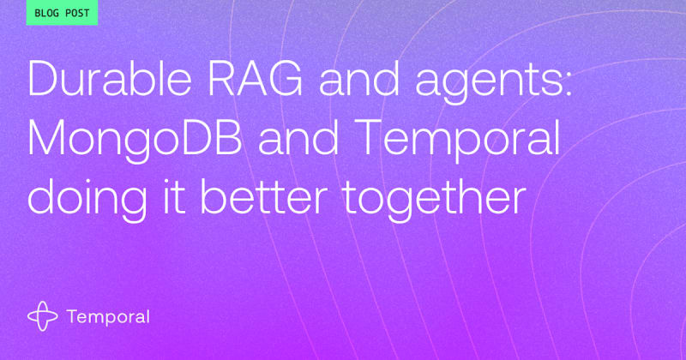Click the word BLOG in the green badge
coord(45,13)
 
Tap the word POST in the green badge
coord(77,13)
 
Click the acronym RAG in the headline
coord(255,79)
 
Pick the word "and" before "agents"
coord(358,80)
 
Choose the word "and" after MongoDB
coord(298,139)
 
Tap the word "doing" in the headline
coord(87,199)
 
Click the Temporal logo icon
coord(42,315)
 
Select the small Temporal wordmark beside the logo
coord(108,317)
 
